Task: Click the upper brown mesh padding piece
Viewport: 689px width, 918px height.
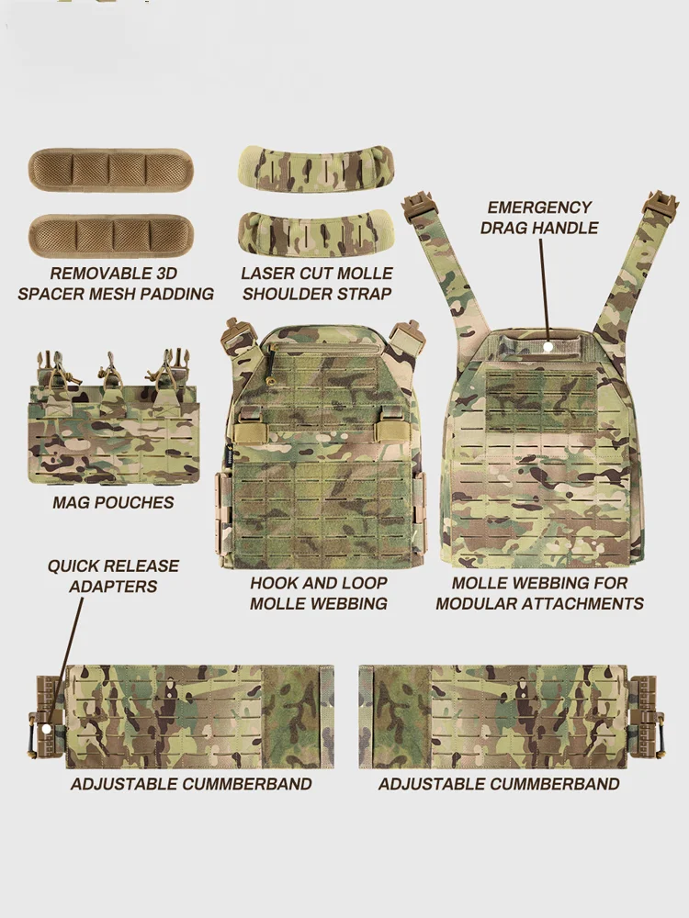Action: tap(109, 170)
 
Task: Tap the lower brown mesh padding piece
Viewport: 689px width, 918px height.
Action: tap(109, 236)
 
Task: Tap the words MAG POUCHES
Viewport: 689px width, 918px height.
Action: tap(113, 503)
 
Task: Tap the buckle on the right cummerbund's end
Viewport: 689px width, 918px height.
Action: tap(644, 716)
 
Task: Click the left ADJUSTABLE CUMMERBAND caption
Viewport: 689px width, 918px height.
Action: tap(191, 784)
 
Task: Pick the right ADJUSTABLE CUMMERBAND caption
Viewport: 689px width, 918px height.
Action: tap(499, 784)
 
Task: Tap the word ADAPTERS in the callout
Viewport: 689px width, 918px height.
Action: tap(113, 587)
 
